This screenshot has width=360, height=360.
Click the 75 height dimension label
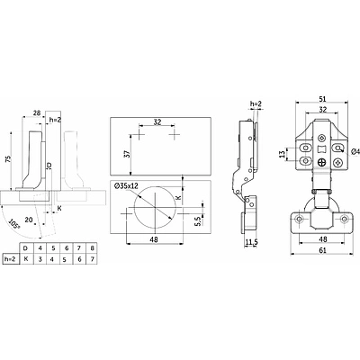[8, 158]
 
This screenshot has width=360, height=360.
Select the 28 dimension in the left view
[37, 113]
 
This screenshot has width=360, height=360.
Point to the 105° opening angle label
[13, 224]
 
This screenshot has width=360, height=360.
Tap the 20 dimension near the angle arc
[29, 220]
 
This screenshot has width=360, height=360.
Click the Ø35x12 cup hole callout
[126, 186]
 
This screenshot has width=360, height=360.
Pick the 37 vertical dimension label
[127, 154]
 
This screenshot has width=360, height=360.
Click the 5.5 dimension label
[197, 221]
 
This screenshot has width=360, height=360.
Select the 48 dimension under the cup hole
[155, 239]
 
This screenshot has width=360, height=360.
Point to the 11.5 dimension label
[250, 242]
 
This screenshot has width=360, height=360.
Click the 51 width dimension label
[322, 99]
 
